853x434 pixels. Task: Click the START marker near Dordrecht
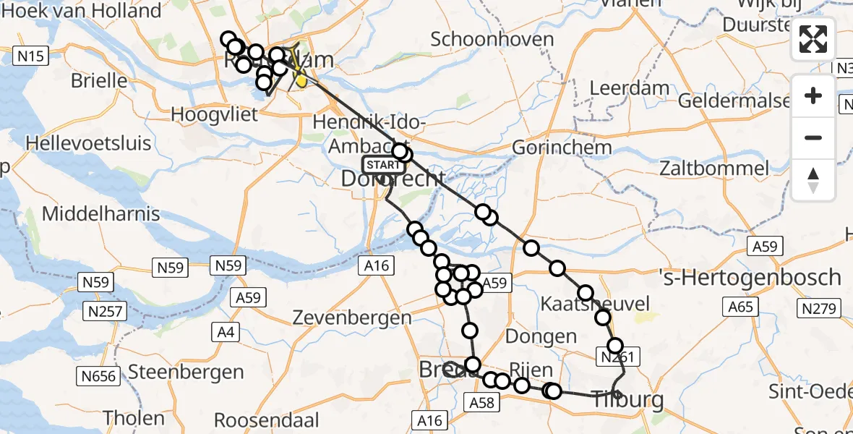tap(381, 165)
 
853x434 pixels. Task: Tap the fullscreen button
tap(813, 39)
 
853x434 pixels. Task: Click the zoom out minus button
tap(813, 137)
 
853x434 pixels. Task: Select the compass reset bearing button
tap(813, 179)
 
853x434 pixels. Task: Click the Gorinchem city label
tap(562, 148)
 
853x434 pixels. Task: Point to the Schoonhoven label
tap(492, 39)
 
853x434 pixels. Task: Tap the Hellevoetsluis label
tap(88, 142)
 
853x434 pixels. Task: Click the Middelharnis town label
tap(101, 214)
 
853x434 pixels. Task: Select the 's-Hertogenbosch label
tap(750, 277)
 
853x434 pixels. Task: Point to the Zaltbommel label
tap(714, 169)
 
